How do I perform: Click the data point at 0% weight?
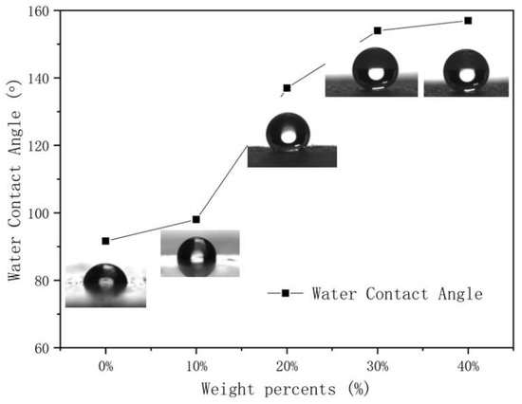(105, 241)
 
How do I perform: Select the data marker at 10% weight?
(196, 219)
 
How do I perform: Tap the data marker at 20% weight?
(287, 88)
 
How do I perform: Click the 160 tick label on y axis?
(40, 10)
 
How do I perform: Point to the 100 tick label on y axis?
(40, 213)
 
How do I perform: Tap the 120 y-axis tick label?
(40, 146)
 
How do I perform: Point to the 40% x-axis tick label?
(468, 366)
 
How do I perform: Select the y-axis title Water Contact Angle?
(15, 179)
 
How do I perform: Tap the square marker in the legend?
(284, 294)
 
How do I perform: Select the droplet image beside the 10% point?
(199, 253)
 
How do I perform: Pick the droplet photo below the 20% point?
(291, 139)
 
